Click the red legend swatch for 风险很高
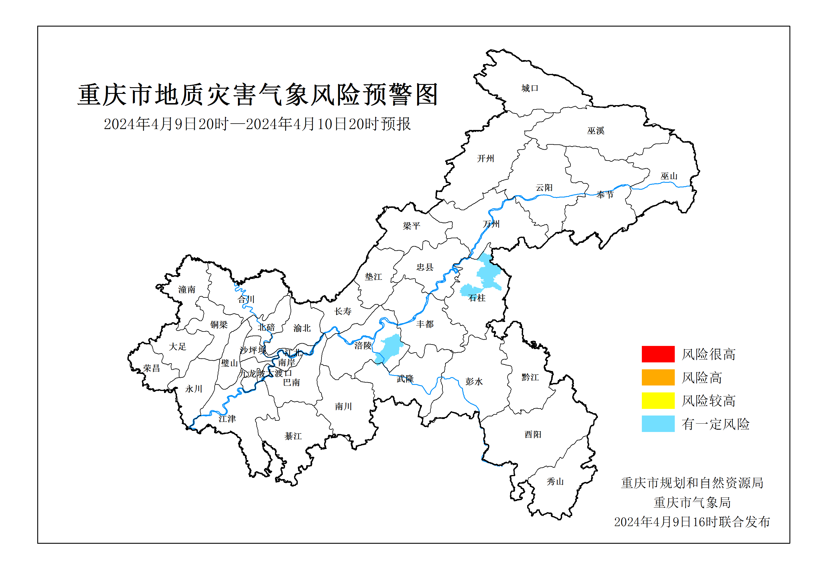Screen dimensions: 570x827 (658, 354)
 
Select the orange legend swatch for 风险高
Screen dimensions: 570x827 (658, 377)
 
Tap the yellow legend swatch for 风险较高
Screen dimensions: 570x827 (658, 400)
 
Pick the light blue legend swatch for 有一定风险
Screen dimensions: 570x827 (658, 424)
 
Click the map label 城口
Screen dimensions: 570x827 (529, 88)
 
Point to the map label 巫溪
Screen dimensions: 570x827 (596, 131)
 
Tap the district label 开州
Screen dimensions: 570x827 (486, 158)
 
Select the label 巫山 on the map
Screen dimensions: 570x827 (669, 176)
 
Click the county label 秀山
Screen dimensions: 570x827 (555, 482)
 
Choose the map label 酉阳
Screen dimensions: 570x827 (533, 434)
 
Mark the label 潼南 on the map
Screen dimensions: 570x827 (187, 289)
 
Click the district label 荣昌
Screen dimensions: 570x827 (151, 368)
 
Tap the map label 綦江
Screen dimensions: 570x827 (293, 436)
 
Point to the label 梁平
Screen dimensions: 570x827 (411, 226)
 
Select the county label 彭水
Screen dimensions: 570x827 (474, 381)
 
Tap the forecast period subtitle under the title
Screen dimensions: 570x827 (257, 124)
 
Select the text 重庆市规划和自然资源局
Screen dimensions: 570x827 (692, 483)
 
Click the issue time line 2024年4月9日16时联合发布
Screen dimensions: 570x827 (692, 522)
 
